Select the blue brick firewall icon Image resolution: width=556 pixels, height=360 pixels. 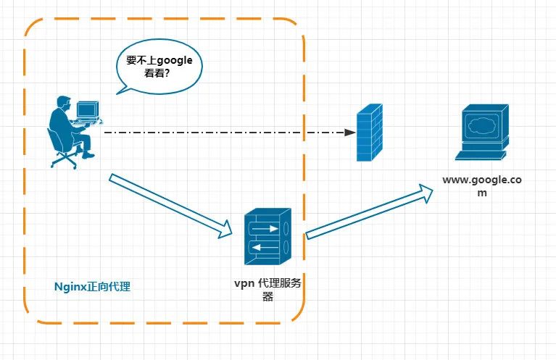click(x=370, y=132)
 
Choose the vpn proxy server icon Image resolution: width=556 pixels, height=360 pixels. click(x=267, y=237)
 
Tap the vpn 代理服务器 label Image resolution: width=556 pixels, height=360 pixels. click(x=267, y=289)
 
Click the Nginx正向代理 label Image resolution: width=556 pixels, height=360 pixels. click(x=93, y=287)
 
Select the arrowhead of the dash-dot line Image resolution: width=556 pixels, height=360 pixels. click(x=350, y=133)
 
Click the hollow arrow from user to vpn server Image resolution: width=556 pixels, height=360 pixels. click(x=171, y=206)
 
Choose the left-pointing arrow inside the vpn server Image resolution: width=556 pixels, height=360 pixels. click(x=265, y=248)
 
